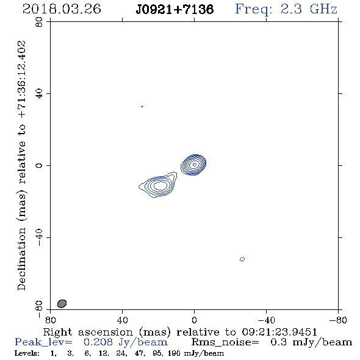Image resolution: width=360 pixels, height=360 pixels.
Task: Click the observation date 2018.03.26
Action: click(x=62, y=9)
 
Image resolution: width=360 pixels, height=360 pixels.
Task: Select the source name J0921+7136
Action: click(x=175, y=9)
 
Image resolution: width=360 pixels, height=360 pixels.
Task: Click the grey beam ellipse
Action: click(x=62, y=303)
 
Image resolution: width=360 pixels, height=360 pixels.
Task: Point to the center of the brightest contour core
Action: click(x=195, y=165)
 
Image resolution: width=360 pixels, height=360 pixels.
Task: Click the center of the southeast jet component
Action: click(x=160, y=185)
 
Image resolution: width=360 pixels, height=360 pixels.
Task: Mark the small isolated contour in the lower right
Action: click(x=242, y=259)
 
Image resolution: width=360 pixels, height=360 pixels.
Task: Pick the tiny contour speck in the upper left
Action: click(x=142, y=107)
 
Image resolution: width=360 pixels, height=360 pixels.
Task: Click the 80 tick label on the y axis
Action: click(x=39, y=22)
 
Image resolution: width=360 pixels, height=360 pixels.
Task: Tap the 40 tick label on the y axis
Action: click(x=39, y=94)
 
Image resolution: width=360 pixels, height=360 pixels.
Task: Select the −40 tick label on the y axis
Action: click(x=39, y=237)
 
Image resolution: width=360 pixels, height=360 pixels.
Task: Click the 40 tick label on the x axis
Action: click(x=122, y=320)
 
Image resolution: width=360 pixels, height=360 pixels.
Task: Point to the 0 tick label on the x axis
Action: click(x=194, y=320)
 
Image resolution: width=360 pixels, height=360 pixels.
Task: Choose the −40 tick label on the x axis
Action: click(x=266, y=320)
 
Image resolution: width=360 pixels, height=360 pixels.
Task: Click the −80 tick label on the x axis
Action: click(x=338, y=320)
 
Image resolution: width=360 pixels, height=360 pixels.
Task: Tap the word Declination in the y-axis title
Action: click(x=21, y=259)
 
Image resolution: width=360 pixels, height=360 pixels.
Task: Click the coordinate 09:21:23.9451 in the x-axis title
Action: click(x=279, y=332)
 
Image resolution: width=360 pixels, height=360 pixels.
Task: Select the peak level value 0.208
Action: click(x=98, y=342)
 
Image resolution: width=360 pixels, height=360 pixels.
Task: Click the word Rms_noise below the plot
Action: click(x=225, y=342)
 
